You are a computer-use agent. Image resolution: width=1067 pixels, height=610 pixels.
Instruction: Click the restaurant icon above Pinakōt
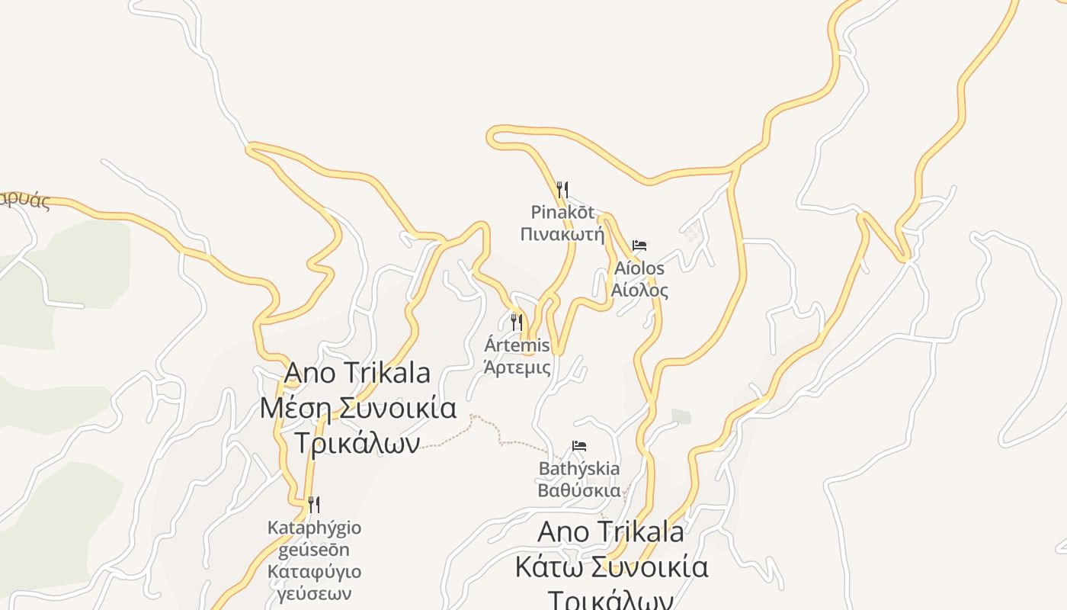(x=562, y=189)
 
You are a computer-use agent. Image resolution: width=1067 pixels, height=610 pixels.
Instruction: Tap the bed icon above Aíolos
(x=639, y=246)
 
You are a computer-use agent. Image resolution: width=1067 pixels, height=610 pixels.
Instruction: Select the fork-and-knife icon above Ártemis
(x=517, y=323)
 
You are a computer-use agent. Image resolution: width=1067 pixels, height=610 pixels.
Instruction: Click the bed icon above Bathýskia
(x=579, y=446)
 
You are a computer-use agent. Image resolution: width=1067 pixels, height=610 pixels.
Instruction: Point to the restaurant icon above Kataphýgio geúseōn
(x=313, y=504)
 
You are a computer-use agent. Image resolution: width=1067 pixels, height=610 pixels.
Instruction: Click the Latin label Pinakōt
(x=562, y=211)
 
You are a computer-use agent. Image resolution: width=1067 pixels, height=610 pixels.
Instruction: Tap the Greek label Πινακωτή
(x=562, y=233)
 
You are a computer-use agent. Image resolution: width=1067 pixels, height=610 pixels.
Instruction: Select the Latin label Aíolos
(x=639, y=268)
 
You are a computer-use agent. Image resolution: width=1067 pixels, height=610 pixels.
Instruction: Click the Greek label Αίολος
(x=639, y=291)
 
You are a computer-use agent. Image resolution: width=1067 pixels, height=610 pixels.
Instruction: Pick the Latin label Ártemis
(x=517, y=345)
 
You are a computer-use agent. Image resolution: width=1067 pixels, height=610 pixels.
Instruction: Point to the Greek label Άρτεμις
(x=517, y=368)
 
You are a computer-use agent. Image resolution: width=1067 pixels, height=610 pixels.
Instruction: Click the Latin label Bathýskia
(x=579, y=468)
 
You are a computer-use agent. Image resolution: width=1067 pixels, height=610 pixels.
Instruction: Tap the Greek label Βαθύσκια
(x=579, y=490)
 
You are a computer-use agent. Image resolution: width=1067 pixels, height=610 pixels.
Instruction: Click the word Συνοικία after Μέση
(x=398, y=408)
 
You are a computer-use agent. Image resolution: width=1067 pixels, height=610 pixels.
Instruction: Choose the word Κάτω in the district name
(x=549, y=567)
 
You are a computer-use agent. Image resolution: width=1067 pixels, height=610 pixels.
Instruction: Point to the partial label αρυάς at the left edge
(x=24, y=201)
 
